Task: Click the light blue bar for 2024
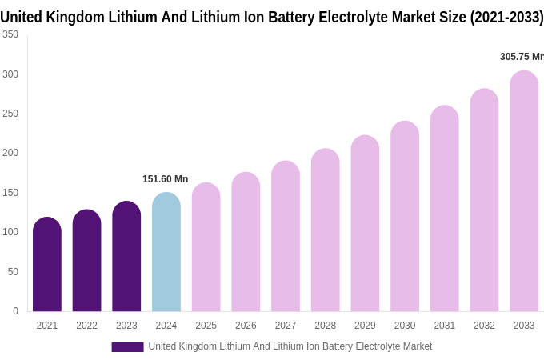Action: point(166,252)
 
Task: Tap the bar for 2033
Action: point(524,191)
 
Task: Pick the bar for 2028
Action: point(326,230)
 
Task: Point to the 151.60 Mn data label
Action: point(166,179)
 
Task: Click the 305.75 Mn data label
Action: point(522,57)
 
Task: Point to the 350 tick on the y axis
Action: point(10,34)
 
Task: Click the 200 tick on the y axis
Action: point(10,153)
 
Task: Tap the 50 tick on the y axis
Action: point(13,272)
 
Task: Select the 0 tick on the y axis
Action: point(15,311)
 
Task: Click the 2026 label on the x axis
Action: point(246,326)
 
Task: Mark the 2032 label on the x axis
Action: point(484,326)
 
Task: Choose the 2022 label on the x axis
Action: point(86,326)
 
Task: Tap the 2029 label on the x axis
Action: point(365,326)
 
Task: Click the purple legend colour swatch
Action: point(127,346)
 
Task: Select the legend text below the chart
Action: point(290,346)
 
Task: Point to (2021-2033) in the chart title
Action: point(506,17)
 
